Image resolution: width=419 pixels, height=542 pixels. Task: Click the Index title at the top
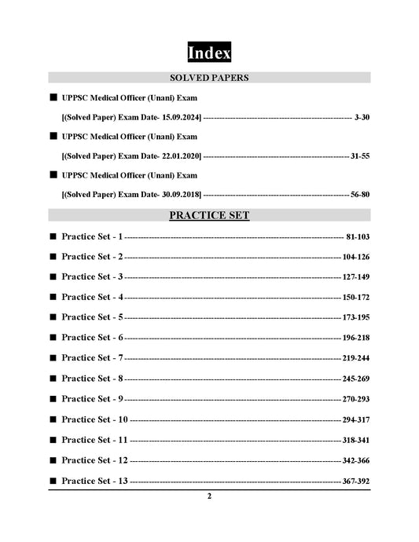click(209, 53)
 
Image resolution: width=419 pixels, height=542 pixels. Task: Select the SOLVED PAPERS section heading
click(209, 78)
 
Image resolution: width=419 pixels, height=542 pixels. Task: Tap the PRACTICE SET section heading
click(209, 214)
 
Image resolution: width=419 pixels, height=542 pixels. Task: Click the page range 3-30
click(362, 117)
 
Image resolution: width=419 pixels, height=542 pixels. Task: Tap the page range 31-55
click(360, 156)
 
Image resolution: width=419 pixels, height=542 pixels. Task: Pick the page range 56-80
click(360, 194)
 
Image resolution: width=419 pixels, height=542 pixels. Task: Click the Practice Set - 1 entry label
click(92, 236)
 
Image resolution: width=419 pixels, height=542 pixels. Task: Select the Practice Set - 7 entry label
click(92, 357)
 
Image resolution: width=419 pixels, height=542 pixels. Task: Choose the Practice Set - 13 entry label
click(94, 480)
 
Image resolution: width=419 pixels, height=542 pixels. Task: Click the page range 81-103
click(357, 236)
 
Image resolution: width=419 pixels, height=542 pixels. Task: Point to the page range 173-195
click(356, 317)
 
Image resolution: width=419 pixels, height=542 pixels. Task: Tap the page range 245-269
click(356, 378)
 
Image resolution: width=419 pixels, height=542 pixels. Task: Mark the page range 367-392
click(356, 480)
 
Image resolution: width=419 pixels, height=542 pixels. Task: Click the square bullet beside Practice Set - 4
click(53, 297)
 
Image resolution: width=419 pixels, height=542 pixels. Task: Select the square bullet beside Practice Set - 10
click(53, 419)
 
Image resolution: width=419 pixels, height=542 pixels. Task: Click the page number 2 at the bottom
click(209, 496)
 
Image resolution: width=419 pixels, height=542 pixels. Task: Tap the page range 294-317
click(356, 419)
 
